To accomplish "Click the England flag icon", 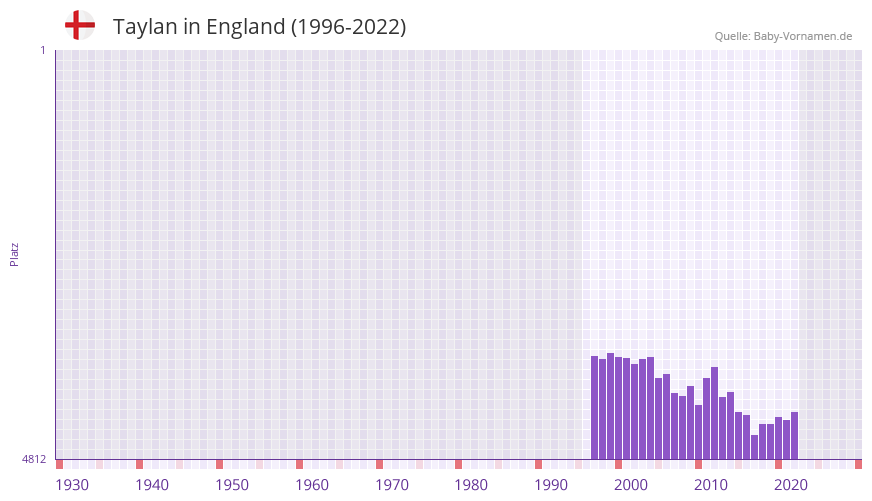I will pos(79,26).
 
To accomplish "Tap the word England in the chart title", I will pos(244,27).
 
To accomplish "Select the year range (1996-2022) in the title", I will pos(348,27).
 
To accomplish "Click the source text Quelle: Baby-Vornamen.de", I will pos(783,36).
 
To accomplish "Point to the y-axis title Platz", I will pos(14,253).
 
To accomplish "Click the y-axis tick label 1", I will pos(42,50).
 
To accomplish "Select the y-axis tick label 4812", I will pos(34,459).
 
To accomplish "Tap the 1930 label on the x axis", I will pos(72,485).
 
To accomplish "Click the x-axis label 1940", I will pos(152,485).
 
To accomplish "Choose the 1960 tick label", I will pos(312,485).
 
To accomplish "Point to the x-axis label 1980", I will pos(471,485).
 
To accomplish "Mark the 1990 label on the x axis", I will pos(551,485).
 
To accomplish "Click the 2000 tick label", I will pos(631,485).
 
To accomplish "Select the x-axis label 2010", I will pos(711,485).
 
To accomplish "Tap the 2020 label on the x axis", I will pos(791,485).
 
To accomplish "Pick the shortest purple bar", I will pos(754,447).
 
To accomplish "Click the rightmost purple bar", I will pos(794,435).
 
